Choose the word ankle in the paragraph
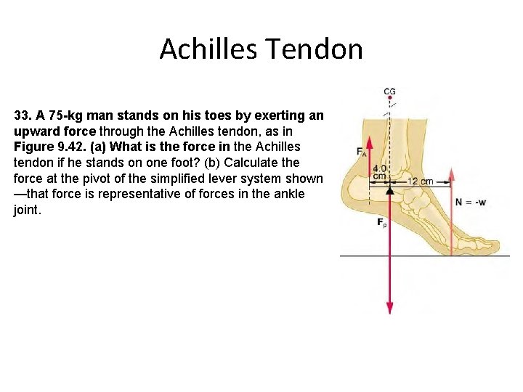289,195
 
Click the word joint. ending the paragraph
27,210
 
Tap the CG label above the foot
390,91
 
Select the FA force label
361,151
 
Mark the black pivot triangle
390,190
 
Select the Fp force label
382,224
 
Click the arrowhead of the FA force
369,140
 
